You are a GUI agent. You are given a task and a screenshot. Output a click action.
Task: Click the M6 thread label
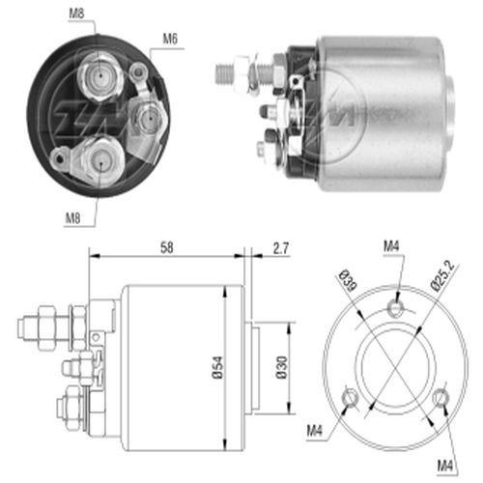(x=170, y=39)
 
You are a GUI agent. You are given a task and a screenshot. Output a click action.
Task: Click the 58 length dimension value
(x=167, y=247)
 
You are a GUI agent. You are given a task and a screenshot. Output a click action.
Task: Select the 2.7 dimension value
(x=281, y=248)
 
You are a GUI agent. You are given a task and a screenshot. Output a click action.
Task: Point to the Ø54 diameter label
(x=218, y=367)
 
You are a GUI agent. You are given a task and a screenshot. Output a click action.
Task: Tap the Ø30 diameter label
(x=282, y=367)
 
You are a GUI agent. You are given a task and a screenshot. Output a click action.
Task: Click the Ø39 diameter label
(x=348, y=279)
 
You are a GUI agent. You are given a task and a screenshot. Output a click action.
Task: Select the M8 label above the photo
(x=76, y=14)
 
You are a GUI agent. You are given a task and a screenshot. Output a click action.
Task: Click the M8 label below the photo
(x=72, y=218)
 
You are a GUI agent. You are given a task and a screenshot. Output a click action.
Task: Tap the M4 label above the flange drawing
(x=391, y=246)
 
